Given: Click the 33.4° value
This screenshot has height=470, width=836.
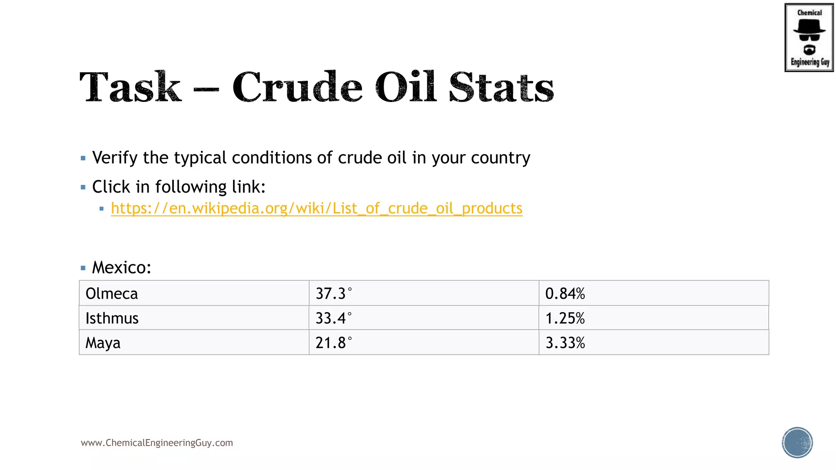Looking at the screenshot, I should point(333,318).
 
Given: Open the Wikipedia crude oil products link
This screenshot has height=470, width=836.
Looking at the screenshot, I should point(316,208).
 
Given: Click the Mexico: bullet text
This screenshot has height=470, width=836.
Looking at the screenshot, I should point(121,268).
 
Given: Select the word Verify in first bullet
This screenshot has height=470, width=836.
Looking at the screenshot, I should point(115,158).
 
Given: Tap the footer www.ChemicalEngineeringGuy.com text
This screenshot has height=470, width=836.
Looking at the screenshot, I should point(157,443).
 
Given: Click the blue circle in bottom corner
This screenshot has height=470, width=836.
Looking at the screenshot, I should point(797,443).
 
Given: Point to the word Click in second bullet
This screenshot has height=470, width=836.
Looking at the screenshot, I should point(111,187).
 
